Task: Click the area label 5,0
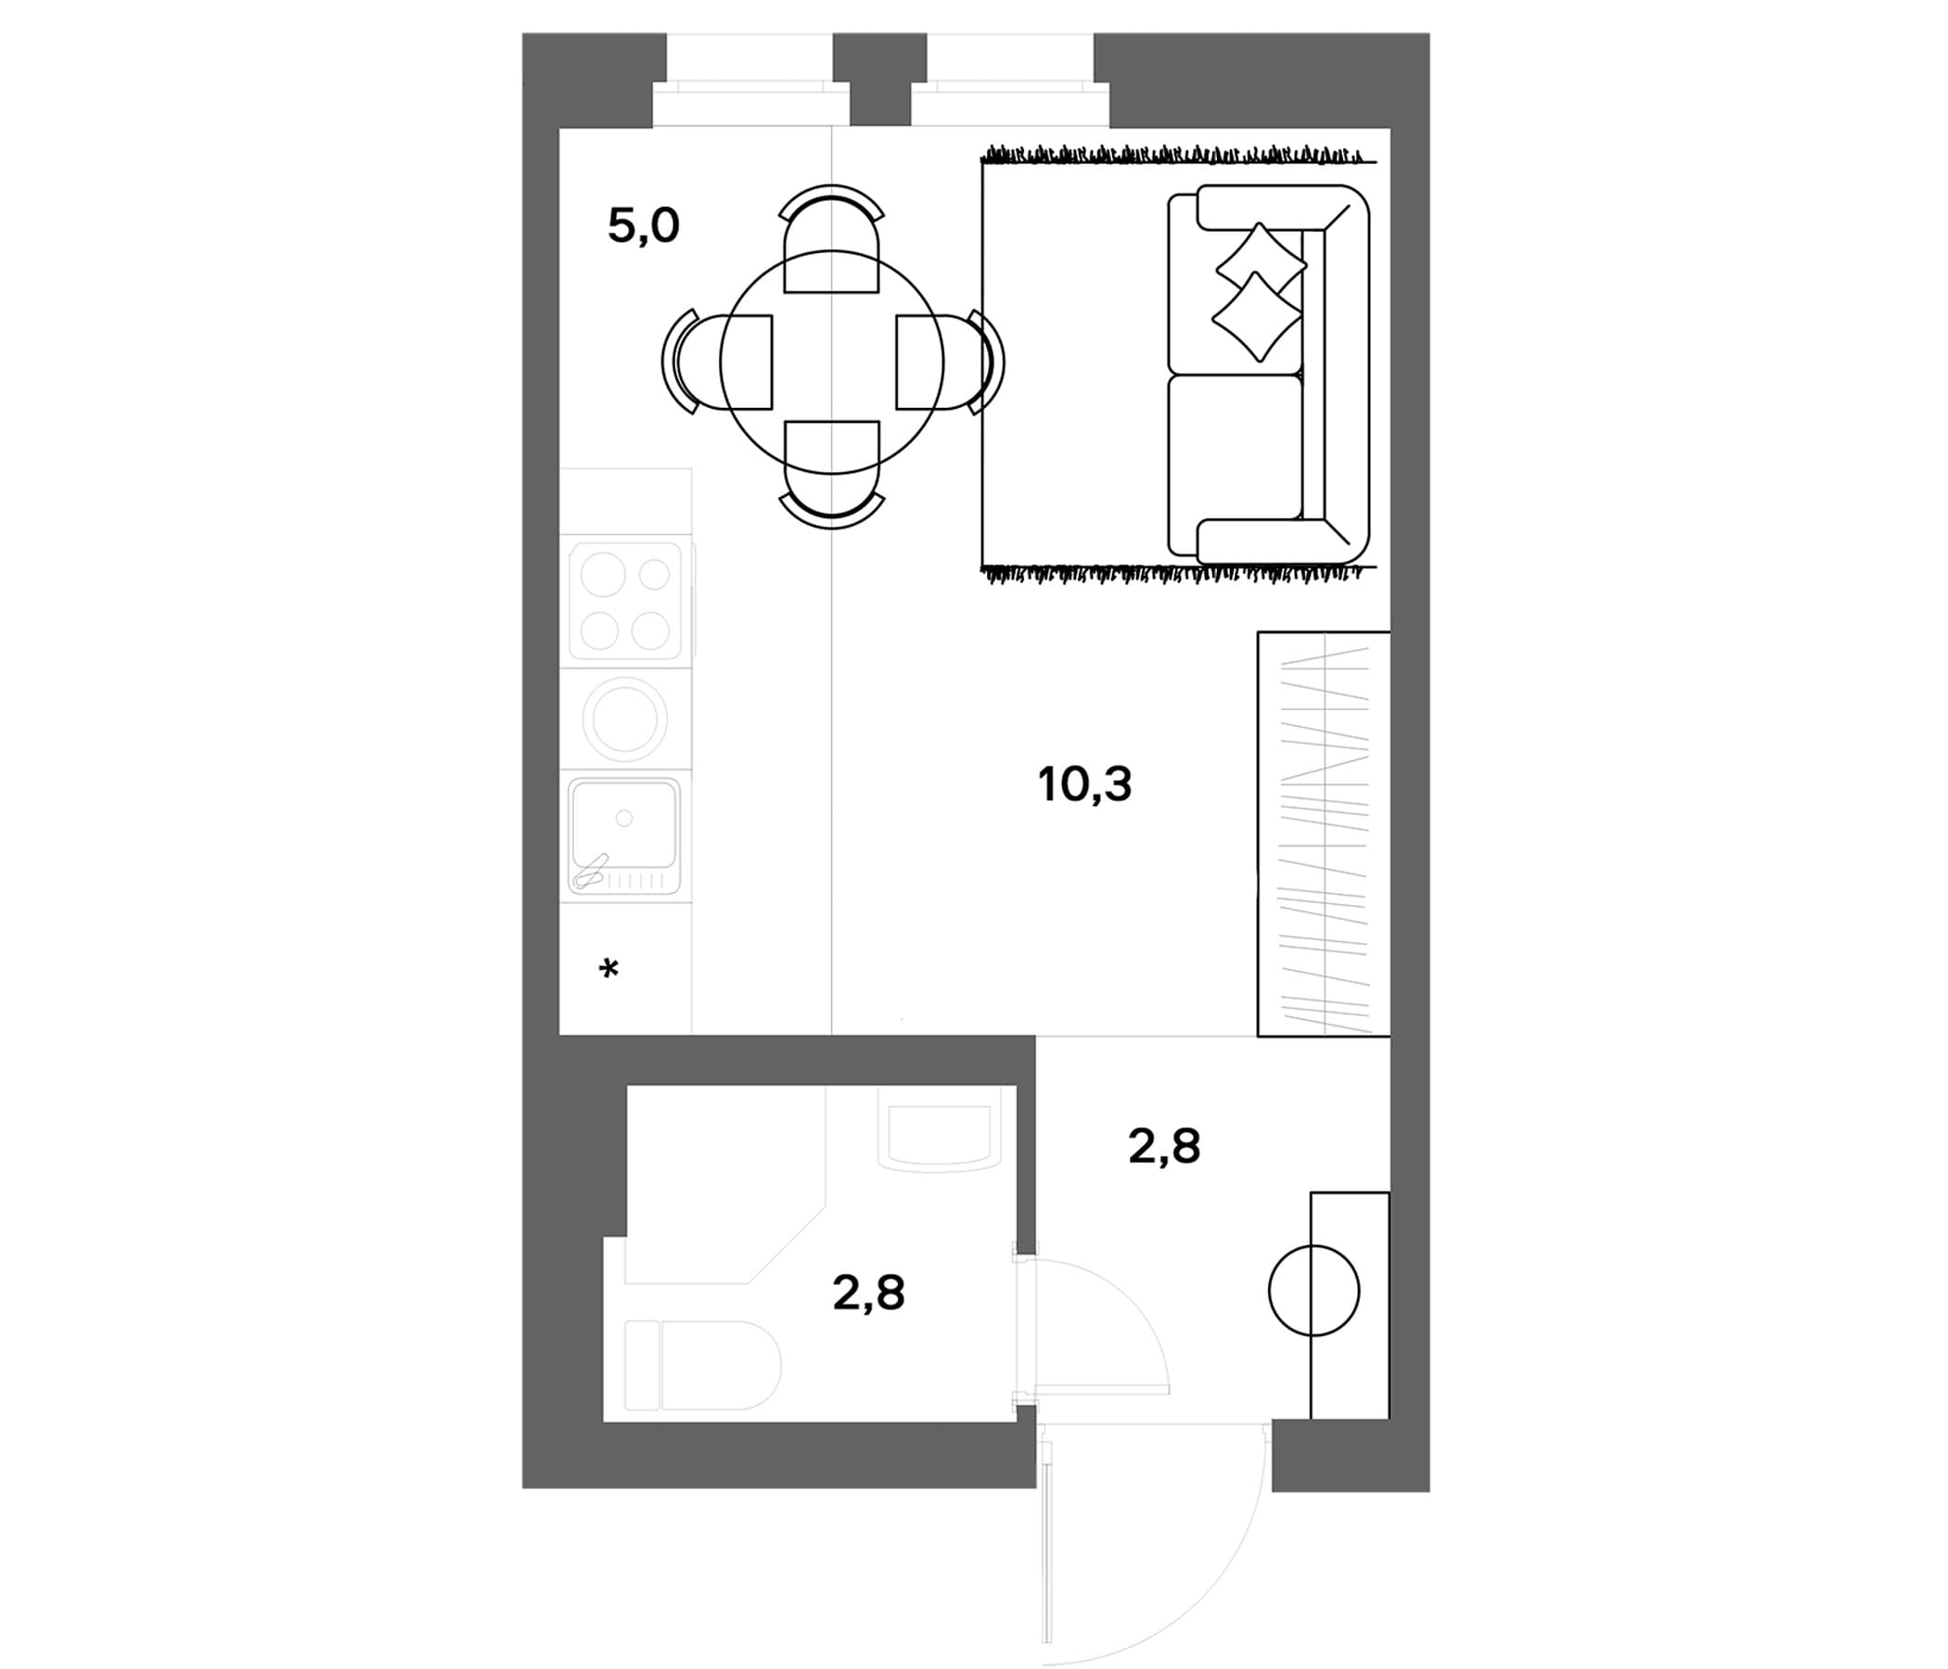pos(643,226)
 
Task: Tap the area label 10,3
pos(1085,784)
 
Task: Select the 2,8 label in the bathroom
pos(868,1293)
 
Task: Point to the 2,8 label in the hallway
pos(1164,1146)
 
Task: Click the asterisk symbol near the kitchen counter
pos(609,968)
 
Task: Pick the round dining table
pos(832,362)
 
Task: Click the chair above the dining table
pos(832,238)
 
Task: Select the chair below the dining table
pos(832,475)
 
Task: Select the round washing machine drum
pos(625,720)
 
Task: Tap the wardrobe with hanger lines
pos(1324,834)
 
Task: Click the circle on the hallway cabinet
pos(1314,1291)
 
